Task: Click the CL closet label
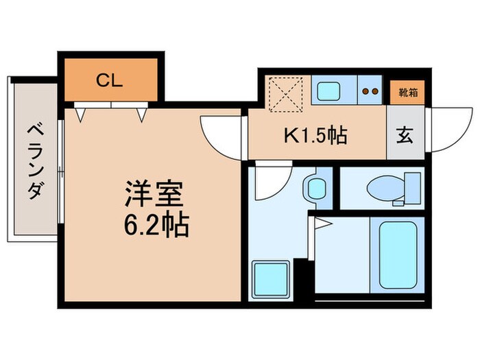[109, 81]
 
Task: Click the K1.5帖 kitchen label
[316, 134]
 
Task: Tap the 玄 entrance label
[405, 135]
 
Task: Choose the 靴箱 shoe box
[405, 90]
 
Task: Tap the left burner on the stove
[365, 91]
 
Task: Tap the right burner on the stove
[375, 91]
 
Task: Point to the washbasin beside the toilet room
[316, 187]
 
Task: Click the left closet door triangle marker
[80, 115]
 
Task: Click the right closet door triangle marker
[143, 115]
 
